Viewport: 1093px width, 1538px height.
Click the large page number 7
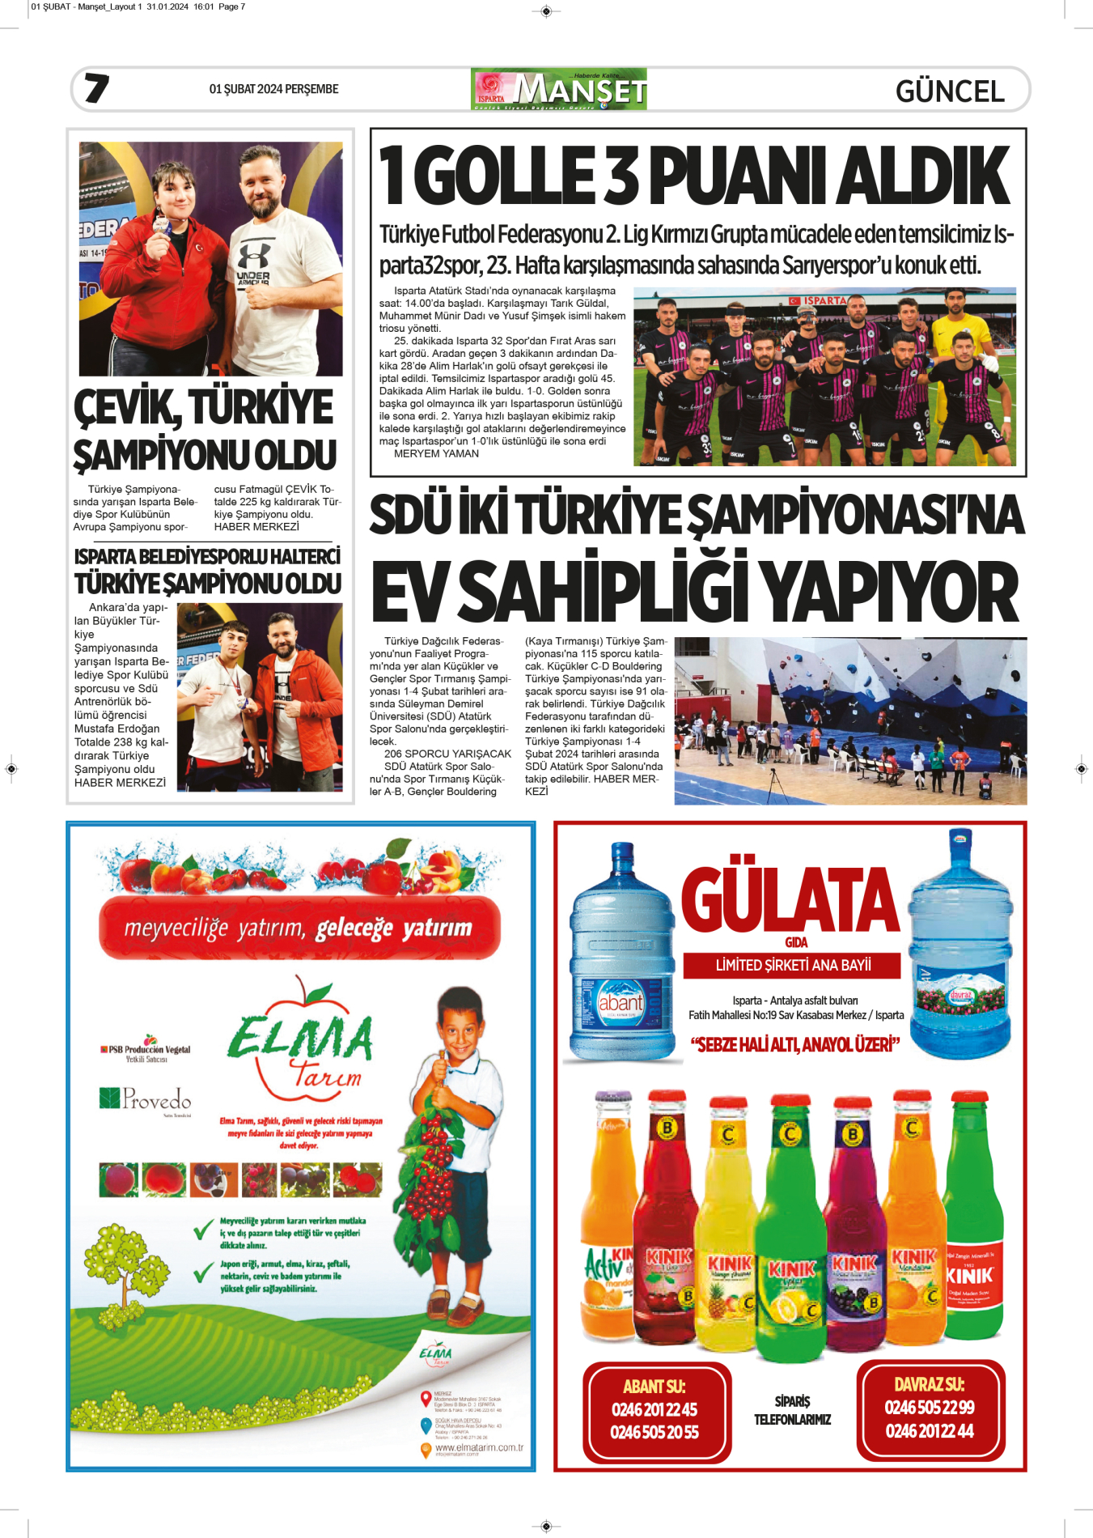(96, 88)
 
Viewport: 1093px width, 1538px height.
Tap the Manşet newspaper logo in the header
(558, 89)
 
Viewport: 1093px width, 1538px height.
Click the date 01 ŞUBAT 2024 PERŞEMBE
(273, 89)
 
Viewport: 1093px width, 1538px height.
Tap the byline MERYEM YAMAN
(436, 454)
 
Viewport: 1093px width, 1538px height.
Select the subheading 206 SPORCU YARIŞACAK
(447, 754)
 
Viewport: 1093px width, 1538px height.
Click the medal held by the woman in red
(162, 225)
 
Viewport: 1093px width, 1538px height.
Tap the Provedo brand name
(156, 1099)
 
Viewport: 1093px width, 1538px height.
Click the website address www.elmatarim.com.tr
(479, 1447)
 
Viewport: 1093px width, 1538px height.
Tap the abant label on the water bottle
(620, 1003)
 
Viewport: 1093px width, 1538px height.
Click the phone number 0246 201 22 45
(654, 1409)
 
